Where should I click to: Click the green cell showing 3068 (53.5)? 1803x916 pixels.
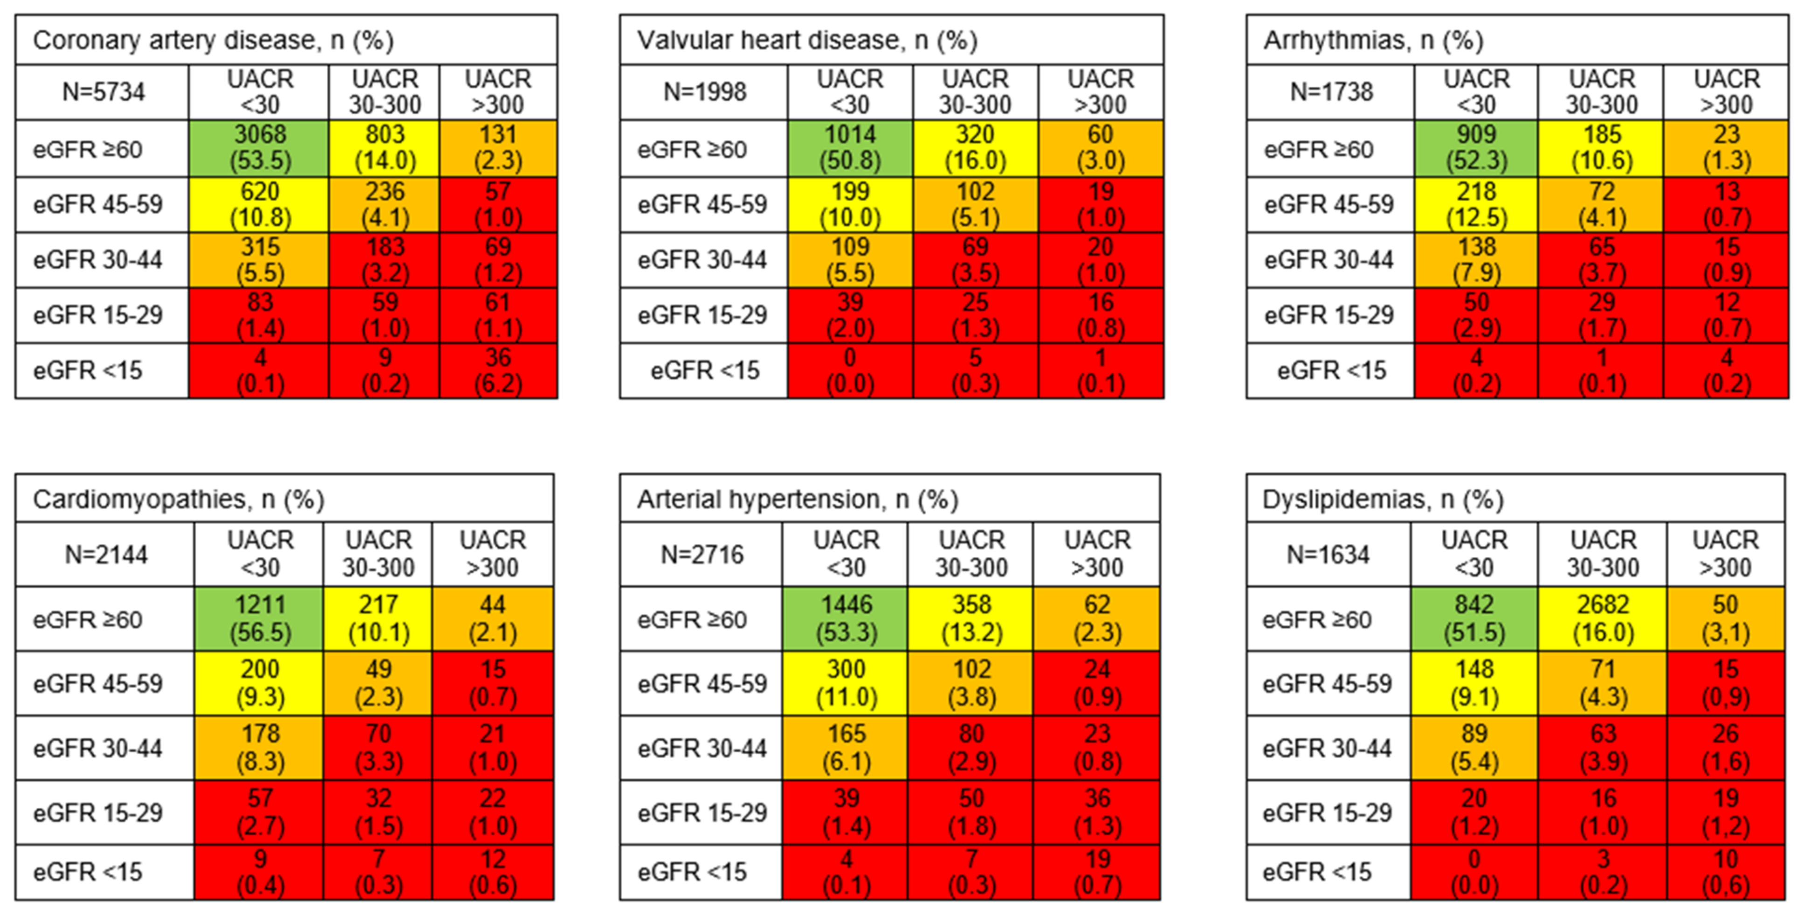click(x=259, y=148)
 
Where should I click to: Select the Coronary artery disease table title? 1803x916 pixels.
click(x=213, y=40)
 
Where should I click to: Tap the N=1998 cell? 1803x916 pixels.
click(x=704, y=92)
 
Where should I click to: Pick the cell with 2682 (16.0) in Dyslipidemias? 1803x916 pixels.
click(x=1603, y=618)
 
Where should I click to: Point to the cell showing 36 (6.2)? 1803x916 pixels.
click(x=498, y=370)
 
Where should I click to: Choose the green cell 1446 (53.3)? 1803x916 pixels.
click(x=846, y=618)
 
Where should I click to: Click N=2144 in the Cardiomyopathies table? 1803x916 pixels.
click(x=106, y=554)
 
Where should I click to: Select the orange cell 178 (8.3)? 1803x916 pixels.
click(x=260, y=747)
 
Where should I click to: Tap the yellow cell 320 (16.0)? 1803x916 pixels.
click(x=975, y=148)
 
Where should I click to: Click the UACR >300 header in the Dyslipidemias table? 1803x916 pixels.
click(x=1725, y=554)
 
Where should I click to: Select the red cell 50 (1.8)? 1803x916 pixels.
click(x=971, y=812)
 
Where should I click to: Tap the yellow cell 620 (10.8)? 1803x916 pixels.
click(x=259, y=204)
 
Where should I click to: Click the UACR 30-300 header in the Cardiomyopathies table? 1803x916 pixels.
click(x=378, y=554)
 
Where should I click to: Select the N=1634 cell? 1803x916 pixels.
click(x=1328, y=554)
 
